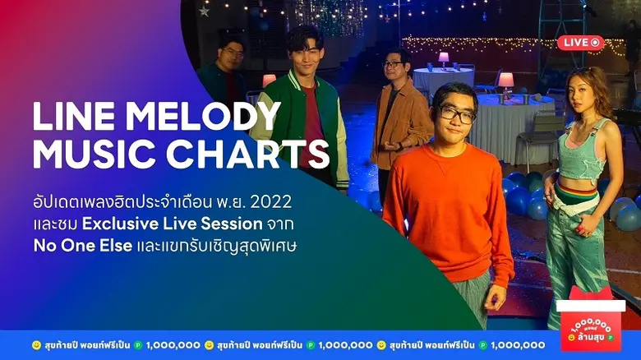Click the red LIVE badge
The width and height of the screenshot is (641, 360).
tap(580, 43)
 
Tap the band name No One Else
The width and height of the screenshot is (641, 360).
tap(82, 246)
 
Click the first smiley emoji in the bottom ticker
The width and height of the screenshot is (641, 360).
tap(36, 345)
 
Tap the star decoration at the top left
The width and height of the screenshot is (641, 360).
tap(204, 11)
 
